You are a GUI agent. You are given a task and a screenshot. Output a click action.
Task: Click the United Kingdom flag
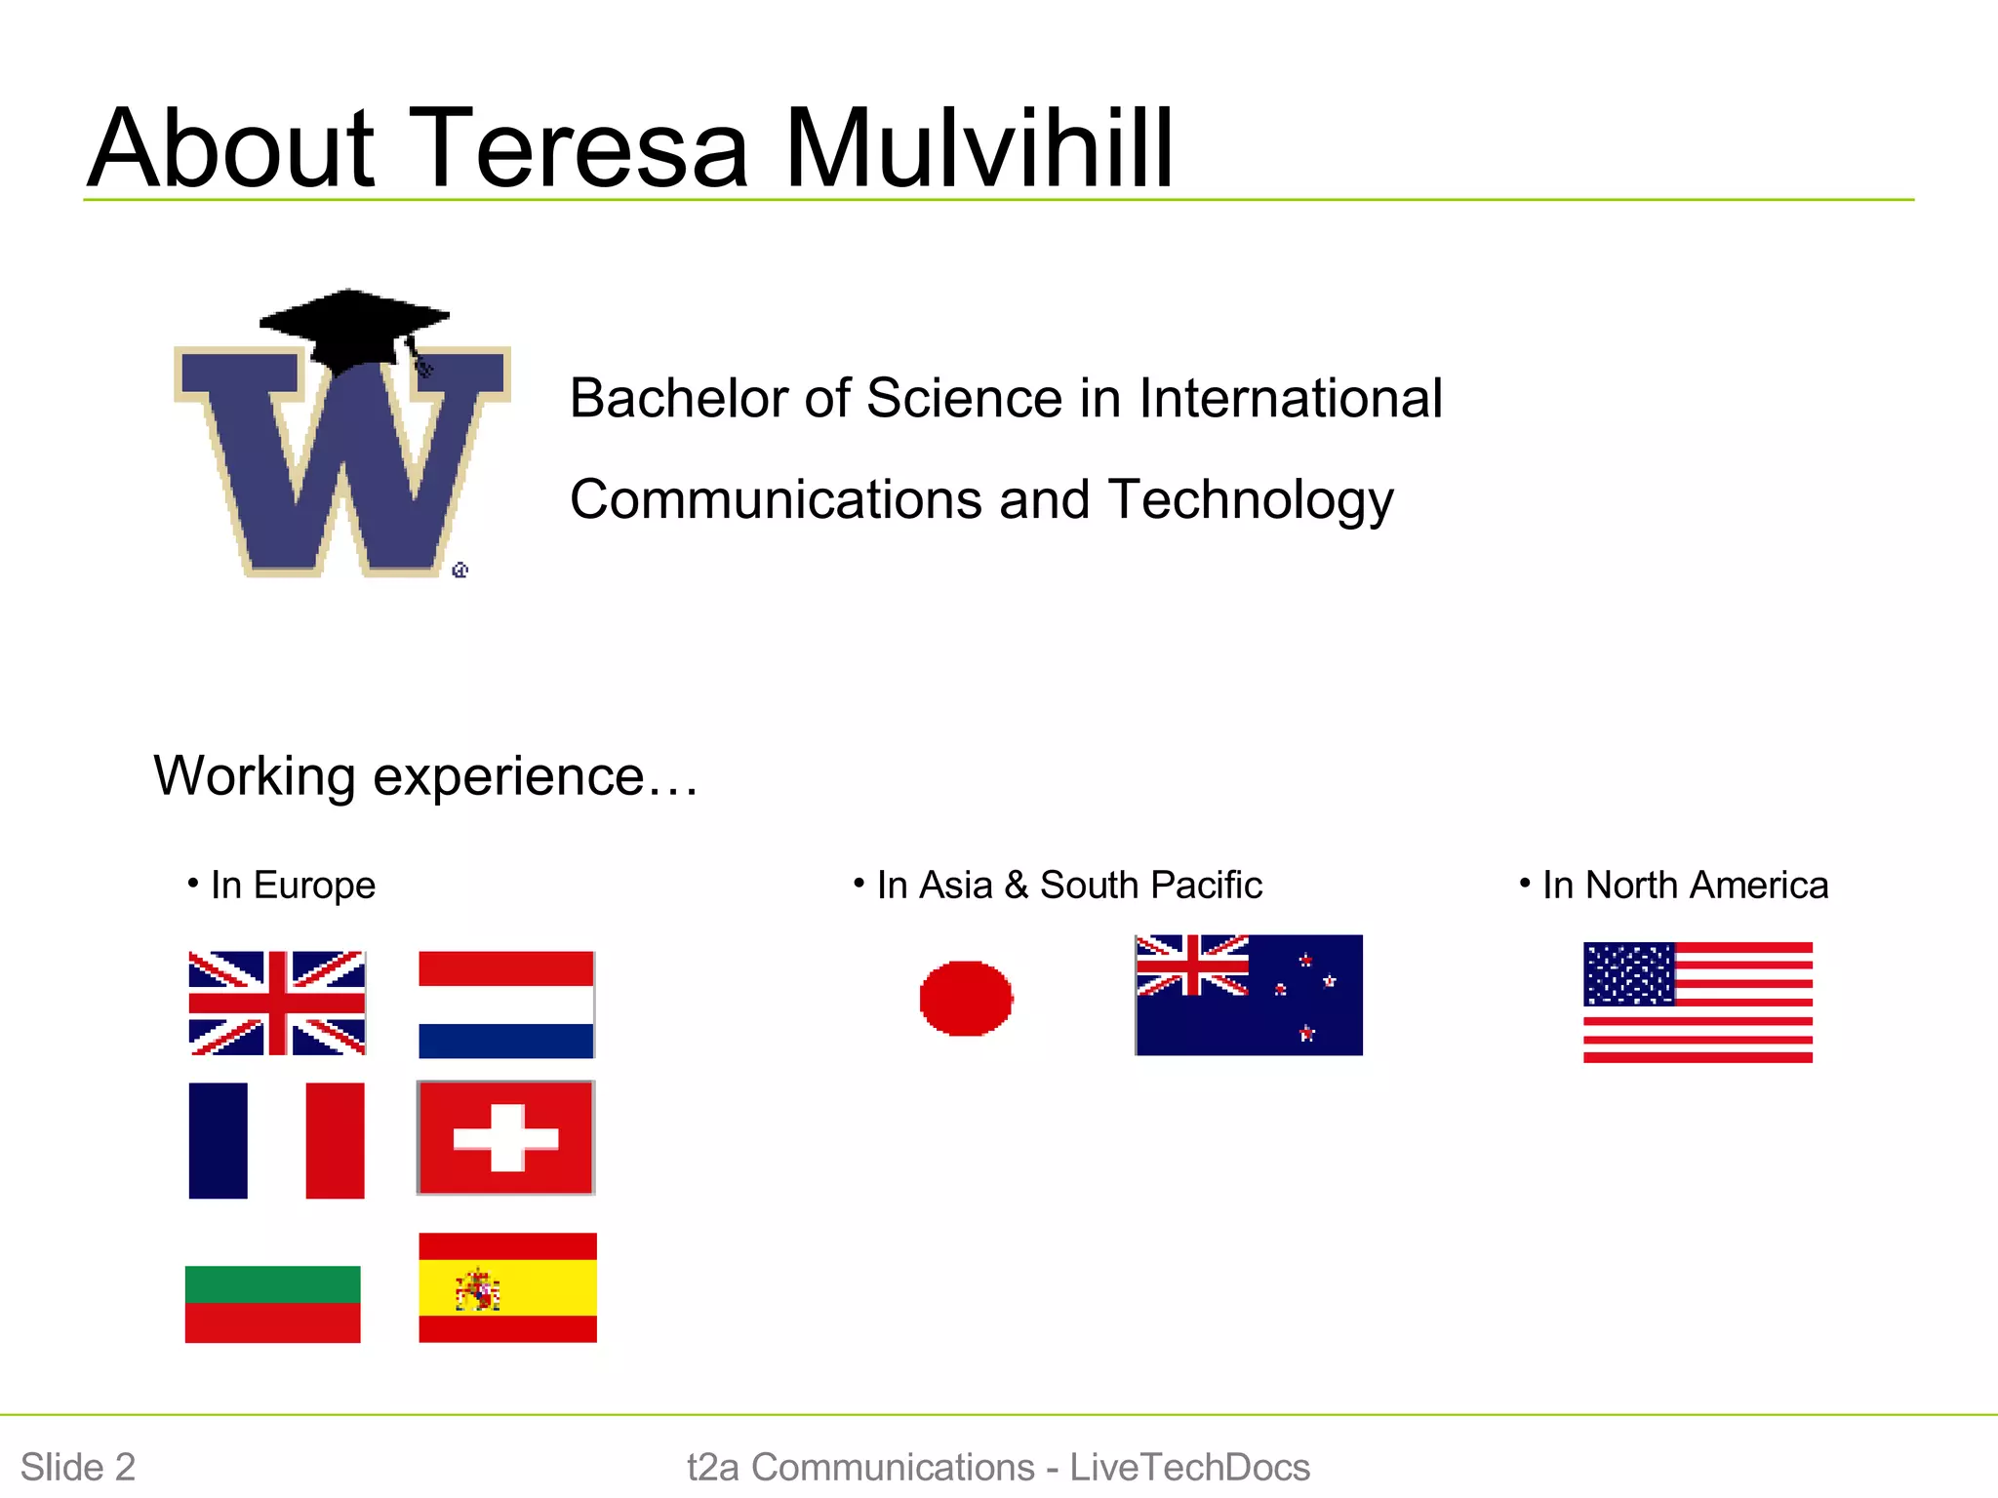(277, 1003)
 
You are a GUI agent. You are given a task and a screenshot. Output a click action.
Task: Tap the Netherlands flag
(506, 1005)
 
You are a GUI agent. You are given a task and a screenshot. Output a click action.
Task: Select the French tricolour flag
(277, 1140)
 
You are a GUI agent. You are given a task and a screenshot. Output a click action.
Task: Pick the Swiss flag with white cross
(505, 1137)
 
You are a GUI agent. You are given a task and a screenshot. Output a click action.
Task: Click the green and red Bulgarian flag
(273, 1304)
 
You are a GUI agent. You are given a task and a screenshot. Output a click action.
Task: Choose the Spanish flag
(507, 1287)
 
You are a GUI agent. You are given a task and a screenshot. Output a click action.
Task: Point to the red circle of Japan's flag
(966, 998)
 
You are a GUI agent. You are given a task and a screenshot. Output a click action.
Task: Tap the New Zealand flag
(1249, 995)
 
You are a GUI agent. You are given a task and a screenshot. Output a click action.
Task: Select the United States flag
(1698, 1002)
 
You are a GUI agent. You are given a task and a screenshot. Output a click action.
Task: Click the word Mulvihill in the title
(979, 148)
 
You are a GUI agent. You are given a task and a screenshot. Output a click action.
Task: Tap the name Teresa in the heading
(579, 148)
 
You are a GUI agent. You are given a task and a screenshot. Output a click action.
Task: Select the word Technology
(1251, 499)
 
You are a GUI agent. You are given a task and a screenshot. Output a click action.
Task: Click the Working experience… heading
(426, 776)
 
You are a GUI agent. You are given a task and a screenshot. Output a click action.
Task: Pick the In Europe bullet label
(293, 886)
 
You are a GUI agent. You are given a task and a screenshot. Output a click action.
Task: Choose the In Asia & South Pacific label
(1069, 886)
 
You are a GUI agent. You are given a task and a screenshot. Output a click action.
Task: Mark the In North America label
(1685, 886)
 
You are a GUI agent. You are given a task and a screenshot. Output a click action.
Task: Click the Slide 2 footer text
(78, 1467)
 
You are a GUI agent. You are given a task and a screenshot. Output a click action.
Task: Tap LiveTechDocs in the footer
(1189, 1467)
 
